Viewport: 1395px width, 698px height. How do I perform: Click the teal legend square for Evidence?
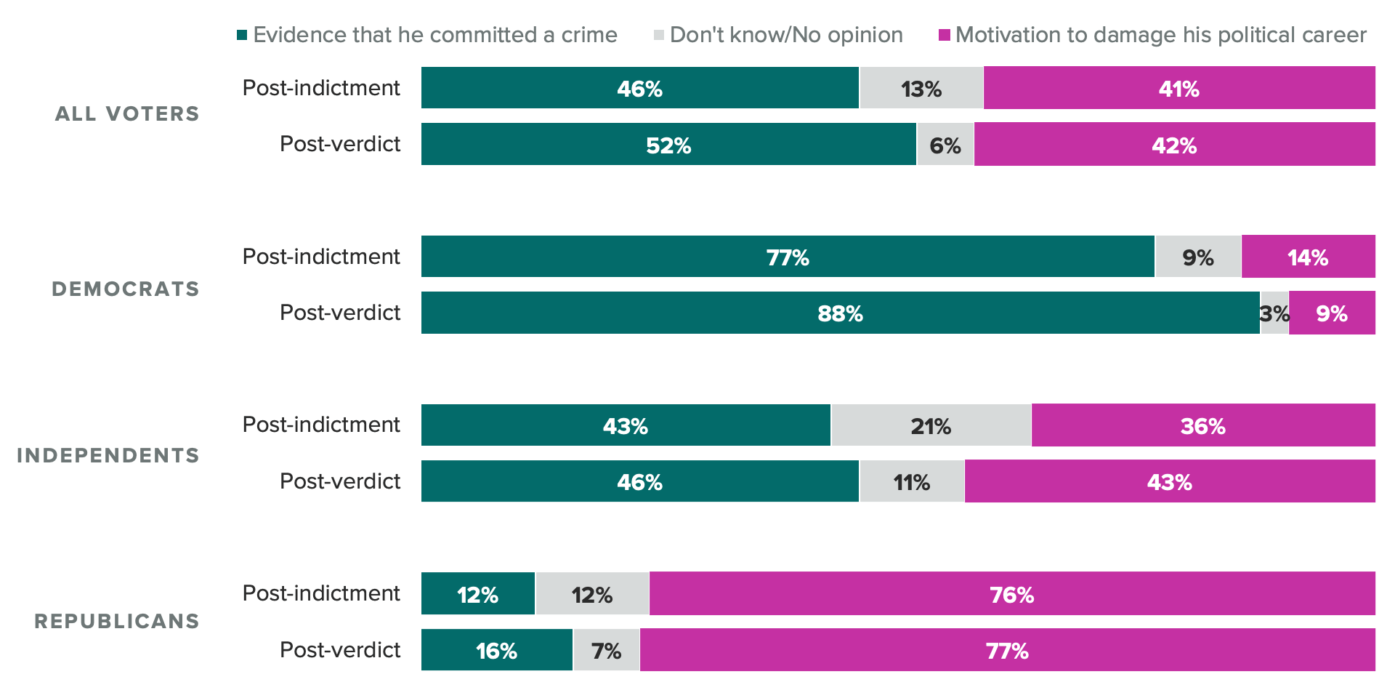(242, 35)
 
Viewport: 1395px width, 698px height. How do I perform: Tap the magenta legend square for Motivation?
(945, 35)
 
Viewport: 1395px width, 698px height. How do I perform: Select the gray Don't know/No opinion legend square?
(659, 35)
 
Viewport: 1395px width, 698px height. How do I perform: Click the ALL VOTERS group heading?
(127, 114)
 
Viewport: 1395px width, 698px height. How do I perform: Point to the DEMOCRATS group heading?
(126, 289)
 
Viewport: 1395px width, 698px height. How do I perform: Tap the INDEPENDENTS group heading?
(108, 456)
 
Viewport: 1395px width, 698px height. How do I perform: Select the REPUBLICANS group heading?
(117, 622)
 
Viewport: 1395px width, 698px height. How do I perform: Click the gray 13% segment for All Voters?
(921, 88)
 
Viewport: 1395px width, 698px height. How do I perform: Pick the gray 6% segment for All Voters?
(945, 144)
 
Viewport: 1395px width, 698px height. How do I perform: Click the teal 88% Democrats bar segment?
(840, 313)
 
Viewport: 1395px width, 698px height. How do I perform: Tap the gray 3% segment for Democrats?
(1274, 313)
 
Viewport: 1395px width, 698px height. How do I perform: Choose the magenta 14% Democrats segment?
(1308, 257)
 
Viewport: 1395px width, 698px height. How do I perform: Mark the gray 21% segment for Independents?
(931, 425)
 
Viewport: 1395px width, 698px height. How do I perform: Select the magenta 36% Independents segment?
(1202, 425)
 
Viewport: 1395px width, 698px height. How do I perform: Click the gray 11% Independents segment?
(912, 481)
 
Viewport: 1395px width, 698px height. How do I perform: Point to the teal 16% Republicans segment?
(497, 650)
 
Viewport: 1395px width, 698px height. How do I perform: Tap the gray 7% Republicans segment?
(606, 650)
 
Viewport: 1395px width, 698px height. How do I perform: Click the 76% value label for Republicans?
(1011, 595)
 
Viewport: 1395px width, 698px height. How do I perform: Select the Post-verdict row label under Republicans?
(340, 650)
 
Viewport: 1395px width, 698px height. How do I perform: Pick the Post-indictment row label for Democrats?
(321, 257)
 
